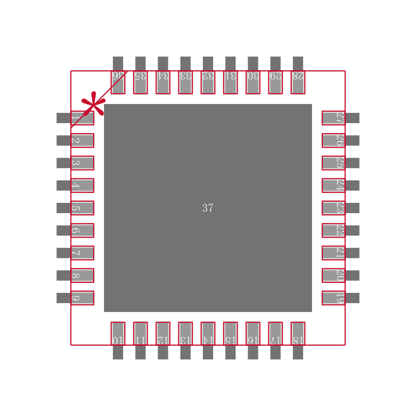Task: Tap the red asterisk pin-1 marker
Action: click(93, 104)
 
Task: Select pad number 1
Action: click(78, 118)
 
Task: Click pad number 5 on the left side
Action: click(78, 208)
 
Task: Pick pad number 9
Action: click(78, 298)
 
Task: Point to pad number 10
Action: click(118, 337)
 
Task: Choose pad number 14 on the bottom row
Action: click(208, 337)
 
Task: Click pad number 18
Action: click(298, 337)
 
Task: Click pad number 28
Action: click(298, 78)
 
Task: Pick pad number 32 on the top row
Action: click(208, 78)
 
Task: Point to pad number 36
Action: click(118, 78)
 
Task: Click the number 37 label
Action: click(208, 208)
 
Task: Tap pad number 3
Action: click(78, 163)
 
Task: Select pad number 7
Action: click(78, 253)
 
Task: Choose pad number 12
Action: click(163, 337)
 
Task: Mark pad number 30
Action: click(253, 78)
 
